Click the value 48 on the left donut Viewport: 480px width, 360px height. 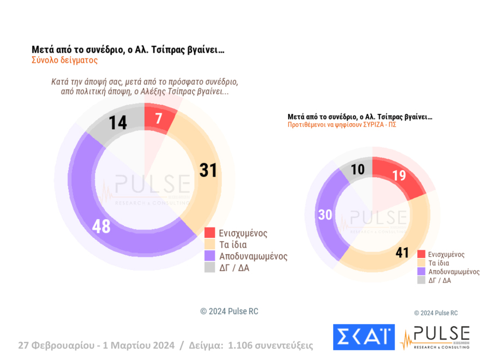point(101,226)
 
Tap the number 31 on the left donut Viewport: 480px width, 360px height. point(208,170)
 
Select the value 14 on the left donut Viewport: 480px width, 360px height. point(117,123)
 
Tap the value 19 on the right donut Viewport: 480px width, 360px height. point(399,176)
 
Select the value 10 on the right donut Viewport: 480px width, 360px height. point(357,170)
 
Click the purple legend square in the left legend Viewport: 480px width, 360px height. point(209,256)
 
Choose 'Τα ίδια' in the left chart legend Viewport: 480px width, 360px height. point(233,244)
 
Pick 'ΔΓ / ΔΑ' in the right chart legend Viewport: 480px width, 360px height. point(440,280)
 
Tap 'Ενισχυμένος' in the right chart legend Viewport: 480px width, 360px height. point(446,254)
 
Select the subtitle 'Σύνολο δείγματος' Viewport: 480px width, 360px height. point(64,61)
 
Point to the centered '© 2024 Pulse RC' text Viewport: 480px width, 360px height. point(229,311)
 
